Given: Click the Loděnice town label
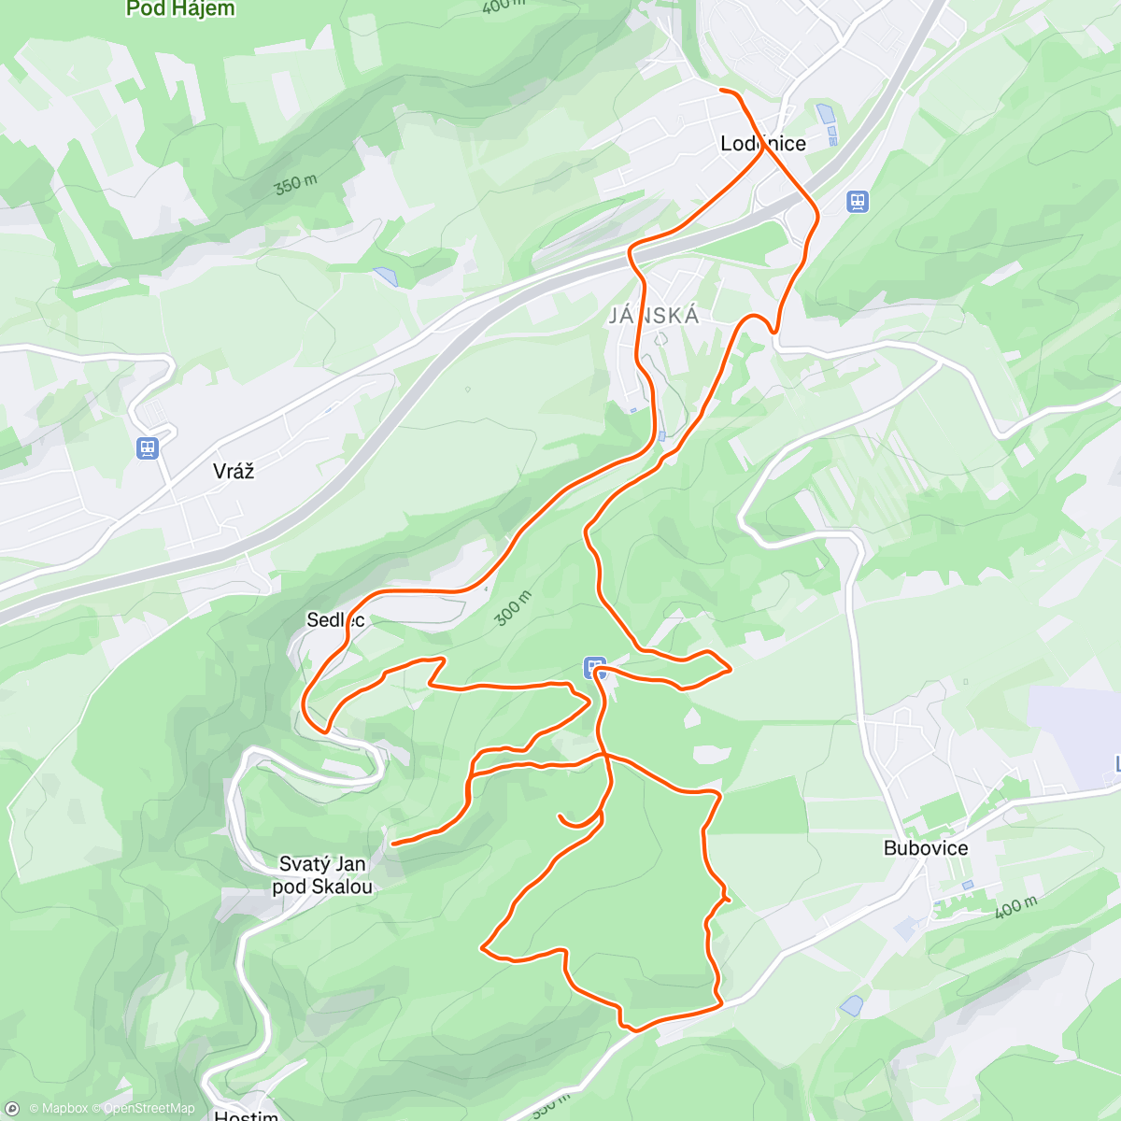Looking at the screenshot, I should [763, 144].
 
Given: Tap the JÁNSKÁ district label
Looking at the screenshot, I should [654, 316].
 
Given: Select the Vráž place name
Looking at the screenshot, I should [234, 471].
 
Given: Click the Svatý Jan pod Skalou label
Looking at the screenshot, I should [322, 875].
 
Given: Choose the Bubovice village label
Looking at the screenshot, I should [926, 848].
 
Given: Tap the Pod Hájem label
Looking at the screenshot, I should [180, 9].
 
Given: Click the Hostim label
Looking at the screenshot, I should [246, 1114].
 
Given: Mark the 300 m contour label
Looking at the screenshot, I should [513, 608].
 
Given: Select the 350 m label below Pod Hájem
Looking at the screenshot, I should [295, 185].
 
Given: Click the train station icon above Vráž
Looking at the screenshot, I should [147, 448].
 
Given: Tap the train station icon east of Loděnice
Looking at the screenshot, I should [858, 201].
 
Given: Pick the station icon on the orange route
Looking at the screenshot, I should [595, 667].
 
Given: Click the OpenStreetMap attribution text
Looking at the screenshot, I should [149, 1109].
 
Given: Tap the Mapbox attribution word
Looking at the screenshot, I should [64, 1109].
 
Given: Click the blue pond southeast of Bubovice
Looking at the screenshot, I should [851, 1006].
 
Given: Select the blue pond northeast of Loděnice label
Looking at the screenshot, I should [825, 115].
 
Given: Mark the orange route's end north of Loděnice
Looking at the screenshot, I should [722, 90].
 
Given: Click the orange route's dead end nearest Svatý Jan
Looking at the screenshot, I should [393, 844].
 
